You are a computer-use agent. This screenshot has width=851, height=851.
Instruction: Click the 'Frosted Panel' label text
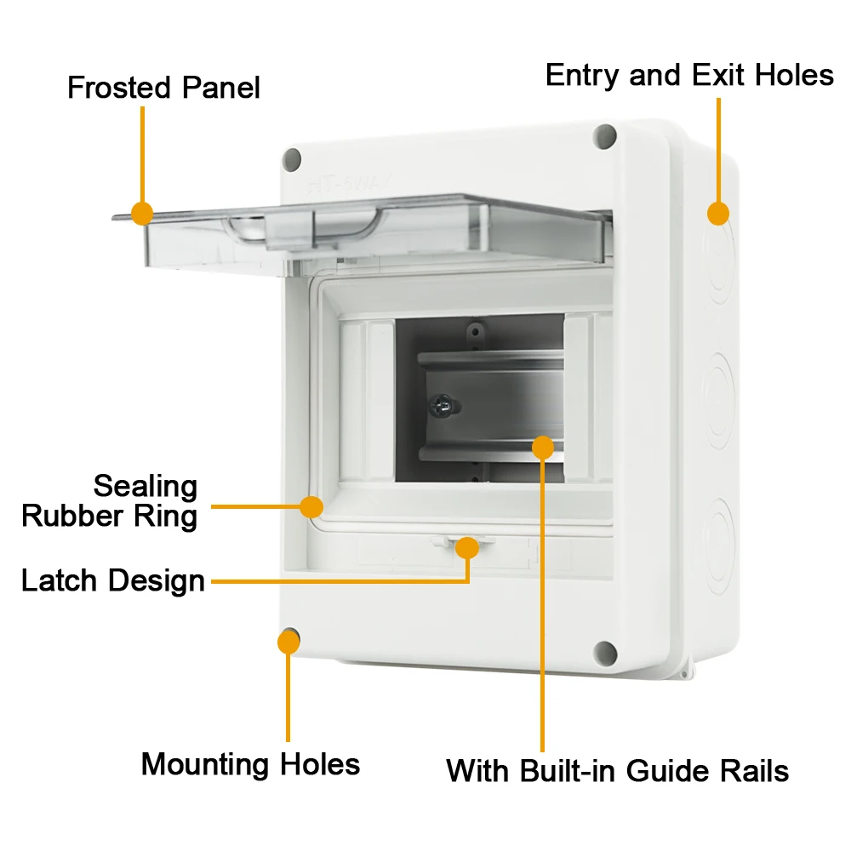pos(163,88)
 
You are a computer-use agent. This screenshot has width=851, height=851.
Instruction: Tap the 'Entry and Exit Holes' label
pos(689,75)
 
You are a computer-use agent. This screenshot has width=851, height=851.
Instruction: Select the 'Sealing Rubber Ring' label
pos(110,501)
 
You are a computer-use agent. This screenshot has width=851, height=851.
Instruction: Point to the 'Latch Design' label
pos(113,581)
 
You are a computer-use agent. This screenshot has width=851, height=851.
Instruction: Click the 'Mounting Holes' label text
pos(250,763)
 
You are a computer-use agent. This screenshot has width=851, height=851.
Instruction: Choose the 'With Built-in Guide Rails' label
pos(617,771)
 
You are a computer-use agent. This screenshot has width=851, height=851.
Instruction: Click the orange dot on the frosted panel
pos(142,213)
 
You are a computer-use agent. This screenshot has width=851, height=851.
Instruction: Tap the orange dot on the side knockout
pos(719,213)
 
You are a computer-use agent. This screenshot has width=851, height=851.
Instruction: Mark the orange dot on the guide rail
pos(543,446)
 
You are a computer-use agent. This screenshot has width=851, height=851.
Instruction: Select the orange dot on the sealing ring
pos(312,507)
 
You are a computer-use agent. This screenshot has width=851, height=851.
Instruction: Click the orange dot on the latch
pos(466,548)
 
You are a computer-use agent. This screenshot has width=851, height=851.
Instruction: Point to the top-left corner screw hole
pos(292,158)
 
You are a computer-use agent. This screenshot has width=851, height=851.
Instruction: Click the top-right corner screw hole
pos(605,134)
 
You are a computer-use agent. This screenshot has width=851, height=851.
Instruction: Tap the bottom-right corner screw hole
pos(605,652)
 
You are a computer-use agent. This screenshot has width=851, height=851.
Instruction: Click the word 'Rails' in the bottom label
pos(751,771)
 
